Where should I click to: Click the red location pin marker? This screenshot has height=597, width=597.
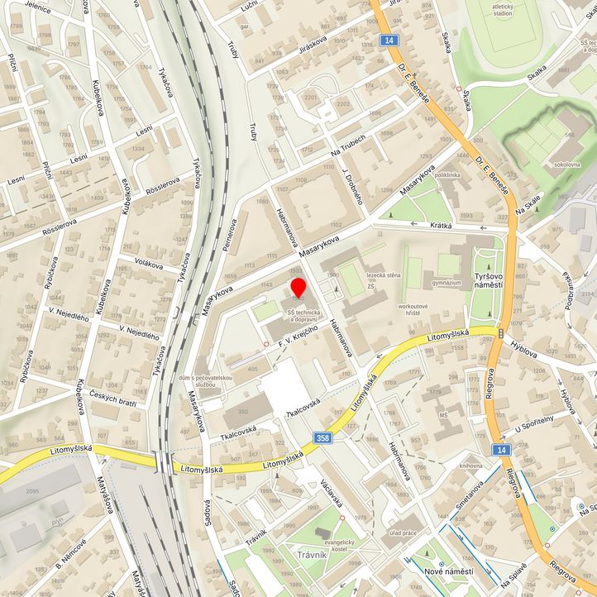click(298, 289)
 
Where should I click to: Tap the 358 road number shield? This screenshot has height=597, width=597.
click(324, 437)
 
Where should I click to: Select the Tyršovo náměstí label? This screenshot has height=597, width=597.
click(488, 279)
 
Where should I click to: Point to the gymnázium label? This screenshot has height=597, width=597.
click(447, 283)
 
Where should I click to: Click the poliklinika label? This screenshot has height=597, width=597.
click(447, 175)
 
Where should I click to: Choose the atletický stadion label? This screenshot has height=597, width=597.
click(502, 9)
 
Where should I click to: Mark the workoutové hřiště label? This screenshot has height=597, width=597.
click(416, 310)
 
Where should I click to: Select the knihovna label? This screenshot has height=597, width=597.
click(470, 466)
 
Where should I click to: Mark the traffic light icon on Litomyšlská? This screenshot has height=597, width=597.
click(501, 332)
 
